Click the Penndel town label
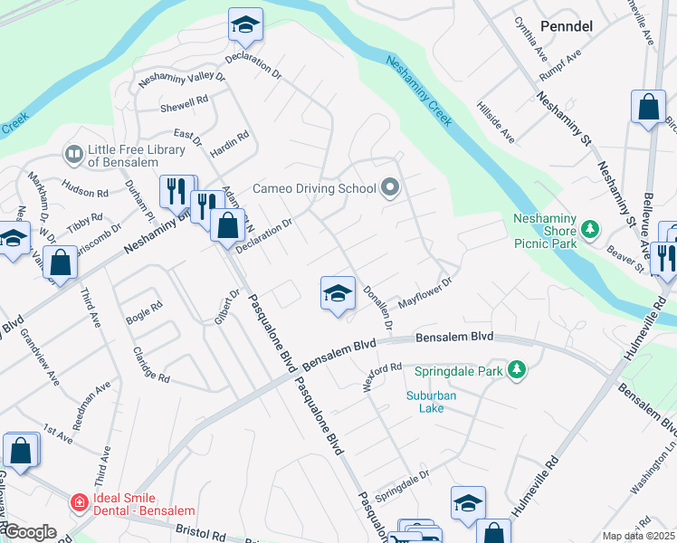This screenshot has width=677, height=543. coord(566,26)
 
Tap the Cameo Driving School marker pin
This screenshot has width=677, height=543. coord(390,188)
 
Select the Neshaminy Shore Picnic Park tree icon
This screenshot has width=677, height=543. coord(590,230)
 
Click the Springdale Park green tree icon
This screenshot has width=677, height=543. coord(517,370)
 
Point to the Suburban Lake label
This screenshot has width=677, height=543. coord(432,402)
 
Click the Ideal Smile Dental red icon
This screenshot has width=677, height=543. coord(80,501)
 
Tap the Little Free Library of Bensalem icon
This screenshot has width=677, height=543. coord(72,155)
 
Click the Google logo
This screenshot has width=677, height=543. coord(29,532)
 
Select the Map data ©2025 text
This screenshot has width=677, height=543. coord(638,536)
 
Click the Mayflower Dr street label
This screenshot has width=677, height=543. coord(424,294)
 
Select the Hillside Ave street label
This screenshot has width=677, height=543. coord(496,122)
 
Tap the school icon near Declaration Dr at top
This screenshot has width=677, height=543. coord(244,27)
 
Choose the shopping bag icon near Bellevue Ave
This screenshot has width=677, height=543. coord(648,107)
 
